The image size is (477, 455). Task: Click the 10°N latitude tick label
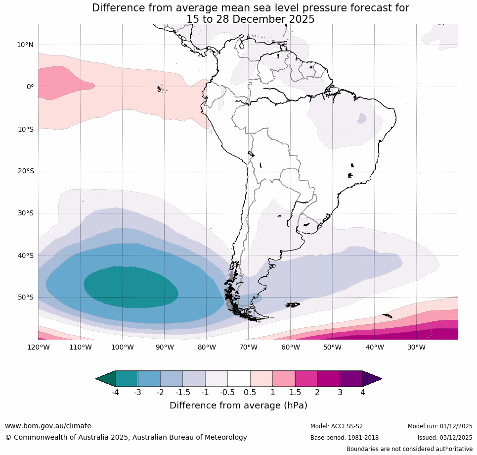(x=25, y=45)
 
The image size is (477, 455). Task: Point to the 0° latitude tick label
(x=30, y=87)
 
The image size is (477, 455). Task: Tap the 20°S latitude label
(x=25, y=171)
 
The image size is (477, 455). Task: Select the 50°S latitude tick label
(x=25, y=297)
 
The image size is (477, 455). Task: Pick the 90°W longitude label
(x=164, y=347)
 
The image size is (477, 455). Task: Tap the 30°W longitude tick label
(x=416, y=347)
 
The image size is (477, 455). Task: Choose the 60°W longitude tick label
(x=290, y=347)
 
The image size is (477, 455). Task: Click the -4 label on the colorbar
(x=115, y=393)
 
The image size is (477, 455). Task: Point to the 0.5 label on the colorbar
(x=250, y=393)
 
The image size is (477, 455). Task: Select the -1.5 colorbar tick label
(x=182, y=393)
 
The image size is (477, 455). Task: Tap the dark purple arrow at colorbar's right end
(x=372, y=379)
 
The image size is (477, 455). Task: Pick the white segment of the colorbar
(x=239, y=379)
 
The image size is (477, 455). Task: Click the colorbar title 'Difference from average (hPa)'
(x=238, y=405)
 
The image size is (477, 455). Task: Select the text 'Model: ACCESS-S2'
(x=336, y=426)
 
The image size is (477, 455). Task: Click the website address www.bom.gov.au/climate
(x=48, y=426)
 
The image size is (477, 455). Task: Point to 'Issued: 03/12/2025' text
(x=444, y=438)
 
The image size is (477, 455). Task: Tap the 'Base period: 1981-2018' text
(x=344, y=438)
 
